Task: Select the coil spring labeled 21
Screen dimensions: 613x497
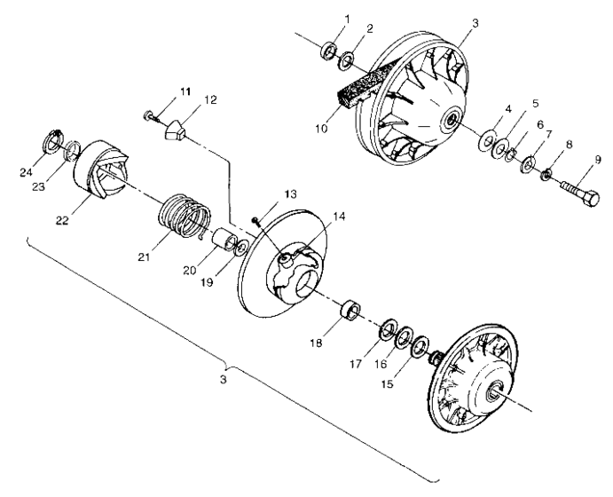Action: [185, 216]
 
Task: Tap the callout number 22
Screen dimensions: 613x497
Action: [62, 220]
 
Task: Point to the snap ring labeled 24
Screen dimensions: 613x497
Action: [51, 141]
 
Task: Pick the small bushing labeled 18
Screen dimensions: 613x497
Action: [350, 310]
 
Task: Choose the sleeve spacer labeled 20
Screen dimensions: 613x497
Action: [224, 239]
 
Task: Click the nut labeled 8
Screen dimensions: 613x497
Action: [546, 174]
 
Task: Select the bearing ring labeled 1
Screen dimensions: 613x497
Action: [329, 51]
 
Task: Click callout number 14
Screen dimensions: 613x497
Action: [340, 217]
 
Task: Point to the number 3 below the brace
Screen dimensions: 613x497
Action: [223, 379]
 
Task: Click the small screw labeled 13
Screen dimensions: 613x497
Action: [257, 222]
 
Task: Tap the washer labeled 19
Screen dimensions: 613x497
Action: [242, 248]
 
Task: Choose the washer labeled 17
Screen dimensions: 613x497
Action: [388, 329]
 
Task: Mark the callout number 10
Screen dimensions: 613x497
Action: [321, 129]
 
